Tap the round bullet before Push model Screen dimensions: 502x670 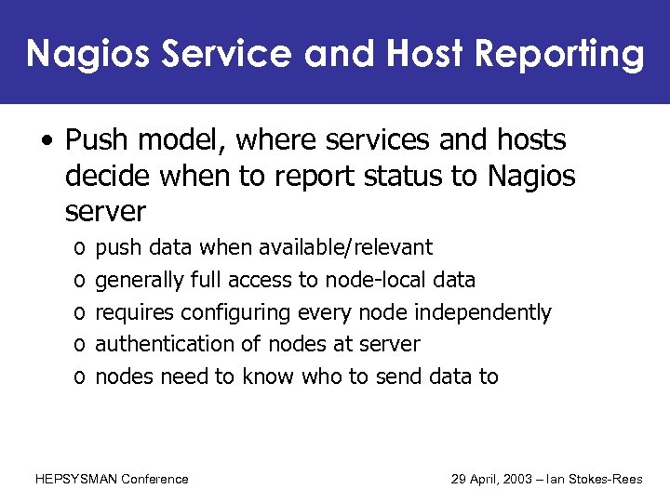click(46, 142)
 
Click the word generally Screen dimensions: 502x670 click(140, 280)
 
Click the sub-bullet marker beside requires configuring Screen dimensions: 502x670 click(75, 313)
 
